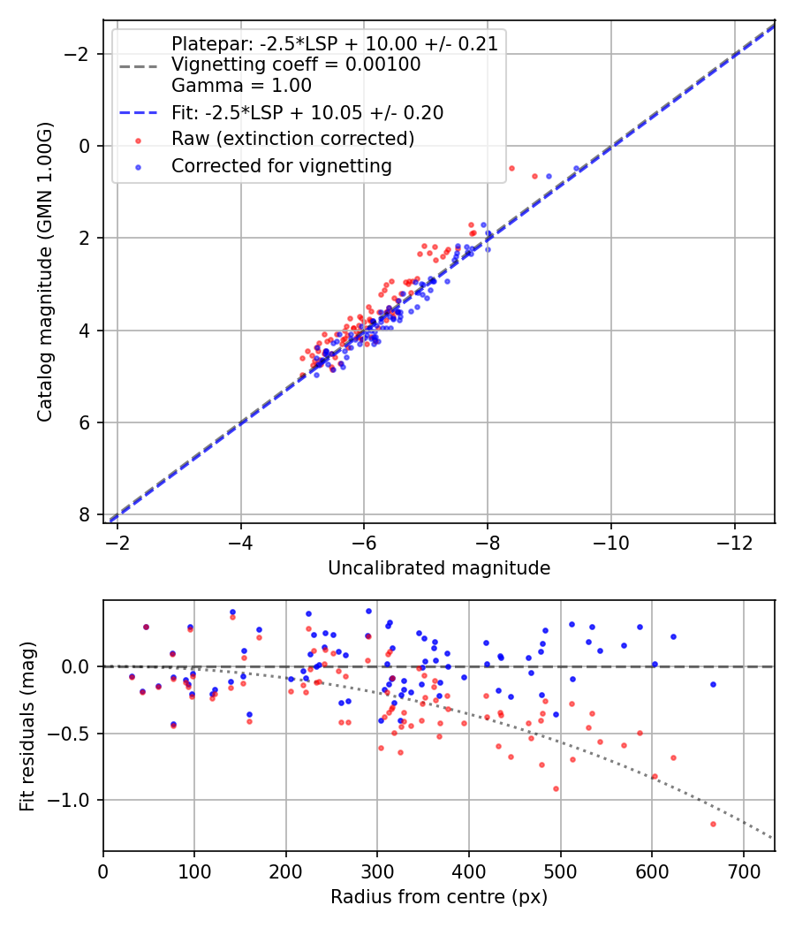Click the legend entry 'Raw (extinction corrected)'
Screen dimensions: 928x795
pos(292,139)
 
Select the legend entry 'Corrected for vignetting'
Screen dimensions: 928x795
pos(281,165)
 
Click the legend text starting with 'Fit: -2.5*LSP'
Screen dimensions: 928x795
pos(307,113)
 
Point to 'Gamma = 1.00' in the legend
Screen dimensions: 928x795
pos(241,86)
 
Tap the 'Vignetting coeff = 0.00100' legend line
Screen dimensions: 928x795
pos(296,65)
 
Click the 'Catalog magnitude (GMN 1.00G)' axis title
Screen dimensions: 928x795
pos(45,271)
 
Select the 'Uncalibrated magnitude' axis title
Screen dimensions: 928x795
pos(439,568)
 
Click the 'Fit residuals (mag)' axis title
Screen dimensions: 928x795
pos(27,726)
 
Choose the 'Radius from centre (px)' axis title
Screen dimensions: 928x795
pos(439,897)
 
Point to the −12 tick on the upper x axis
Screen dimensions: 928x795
pos(733,541)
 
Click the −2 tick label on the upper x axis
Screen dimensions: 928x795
pos(117,541)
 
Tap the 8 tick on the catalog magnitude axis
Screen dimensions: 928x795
pos(84,514)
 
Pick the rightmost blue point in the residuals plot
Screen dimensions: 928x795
pos(713,684)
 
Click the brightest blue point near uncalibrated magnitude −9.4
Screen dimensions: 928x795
pos(576,168)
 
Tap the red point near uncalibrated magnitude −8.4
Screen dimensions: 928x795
pos(511,168)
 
